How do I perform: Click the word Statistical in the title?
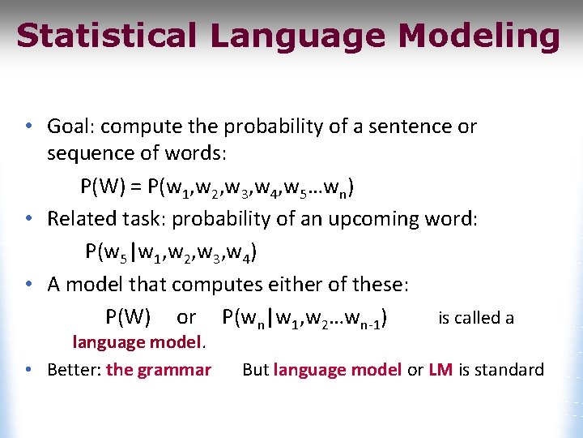pos(106,36)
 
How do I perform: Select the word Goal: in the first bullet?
pos(72,127)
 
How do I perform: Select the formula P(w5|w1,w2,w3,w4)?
pos(172,253)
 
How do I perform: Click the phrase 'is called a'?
pos(475,318)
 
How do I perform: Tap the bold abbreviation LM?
pos(440,370)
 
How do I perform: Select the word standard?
pos(509,370)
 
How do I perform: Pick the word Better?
pos(74,370)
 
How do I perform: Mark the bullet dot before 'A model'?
pos(28,285)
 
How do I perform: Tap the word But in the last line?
pos(255,370)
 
